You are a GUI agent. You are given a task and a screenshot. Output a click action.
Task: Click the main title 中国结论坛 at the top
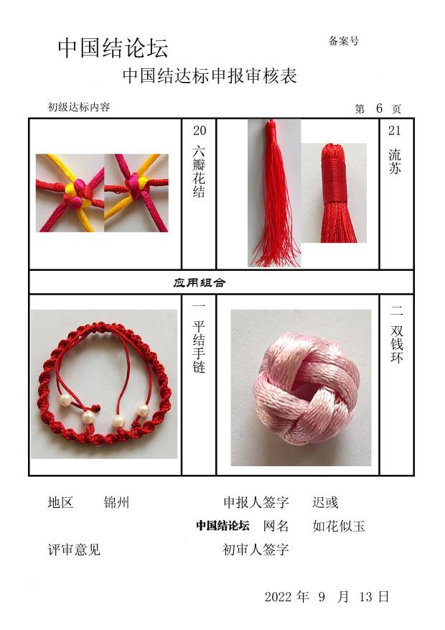[x=113, y=49]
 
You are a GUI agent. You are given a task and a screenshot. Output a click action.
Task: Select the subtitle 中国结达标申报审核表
[x=210, y=76]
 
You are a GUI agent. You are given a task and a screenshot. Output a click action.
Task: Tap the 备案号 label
[x=344, y=40]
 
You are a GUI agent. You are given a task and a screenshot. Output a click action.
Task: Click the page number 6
[x=379, y=108]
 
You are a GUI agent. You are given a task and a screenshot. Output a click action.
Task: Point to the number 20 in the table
[x=200, y=131]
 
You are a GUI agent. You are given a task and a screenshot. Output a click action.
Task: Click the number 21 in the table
[x=395, y=131]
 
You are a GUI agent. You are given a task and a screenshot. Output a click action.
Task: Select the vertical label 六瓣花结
[x=199, y=172]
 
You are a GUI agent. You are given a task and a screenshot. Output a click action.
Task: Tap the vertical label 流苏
[x=395, y=161]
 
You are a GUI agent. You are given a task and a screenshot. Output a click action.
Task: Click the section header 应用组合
[x=200, y=282]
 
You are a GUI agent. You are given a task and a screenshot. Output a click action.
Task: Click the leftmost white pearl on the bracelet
[x=65, y=400]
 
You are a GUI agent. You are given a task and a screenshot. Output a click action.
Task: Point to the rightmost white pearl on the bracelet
[x=142, y=410]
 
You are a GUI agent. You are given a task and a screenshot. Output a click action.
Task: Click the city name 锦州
[x=116, y=502]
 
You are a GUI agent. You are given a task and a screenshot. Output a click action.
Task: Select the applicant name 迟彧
[x=325, y=502]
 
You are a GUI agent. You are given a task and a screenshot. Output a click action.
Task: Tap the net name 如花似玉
[x=339, y=526]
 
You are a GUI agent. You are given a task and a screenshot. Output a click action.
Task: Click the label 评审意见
[x=74, y=550]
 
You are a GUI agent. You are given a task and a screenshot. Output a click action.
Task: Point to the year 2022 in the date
[x=278, y=597]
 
